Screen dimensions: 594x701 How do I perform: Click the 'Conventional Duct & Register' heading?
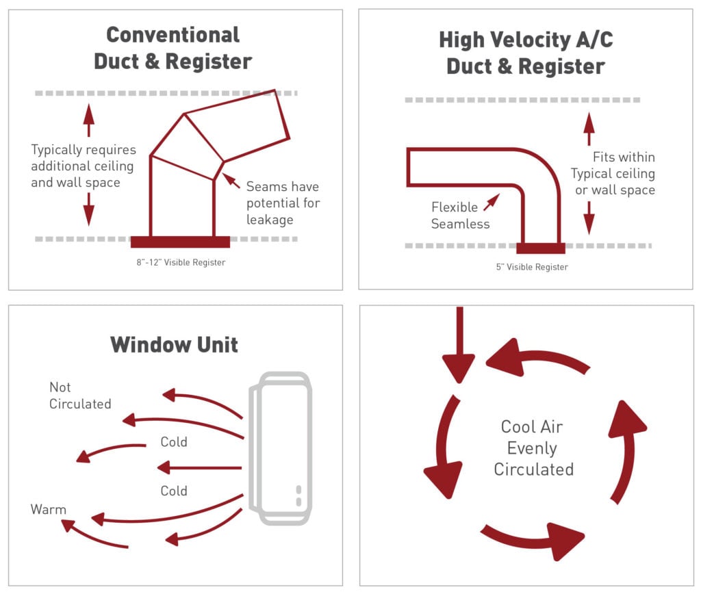pos(173,48)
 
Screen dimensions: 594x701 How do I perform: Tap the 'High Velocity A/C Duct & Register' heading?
pos(526,53)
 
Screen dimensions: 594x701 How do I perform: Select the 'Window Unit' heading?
pos(174,344)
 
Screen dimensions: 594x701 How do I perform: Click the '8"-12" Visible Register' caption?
pos(180,262)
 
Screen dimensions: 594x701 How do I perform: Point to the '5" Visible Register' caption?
pos(532,267)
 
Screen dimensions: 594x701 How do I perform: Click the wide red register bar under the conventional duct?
pos(180,242)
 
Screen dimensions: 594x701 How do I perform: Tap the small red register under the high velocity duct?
pos(540,248)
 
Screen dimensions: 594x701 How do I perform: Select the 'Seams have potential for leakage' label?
pos(283,203)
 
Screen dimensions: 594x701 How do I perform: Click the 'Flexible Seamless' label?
pos(460,215)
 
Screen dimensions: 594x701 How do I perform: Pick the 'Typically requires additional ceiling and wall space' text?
pos(83,166)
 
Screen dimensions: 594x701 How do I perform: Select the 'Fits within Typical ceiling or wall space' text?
pos(614,173)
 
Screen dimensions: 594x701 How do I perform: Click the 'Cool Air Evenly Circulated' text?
pos(533,448)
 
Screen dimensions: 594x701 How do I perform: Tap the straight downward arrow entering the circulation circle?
pos(459,345)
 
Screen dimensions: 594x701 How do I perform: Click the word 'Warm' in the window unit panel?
pos(48,509)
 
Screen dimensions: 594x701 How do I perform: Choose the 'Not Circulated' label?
pos(79,396)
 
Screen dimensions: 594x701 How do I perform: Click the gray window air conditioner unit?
pos(283,448)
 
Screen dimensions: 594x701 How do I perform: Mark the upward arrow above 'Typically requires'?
pos(88,121)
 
